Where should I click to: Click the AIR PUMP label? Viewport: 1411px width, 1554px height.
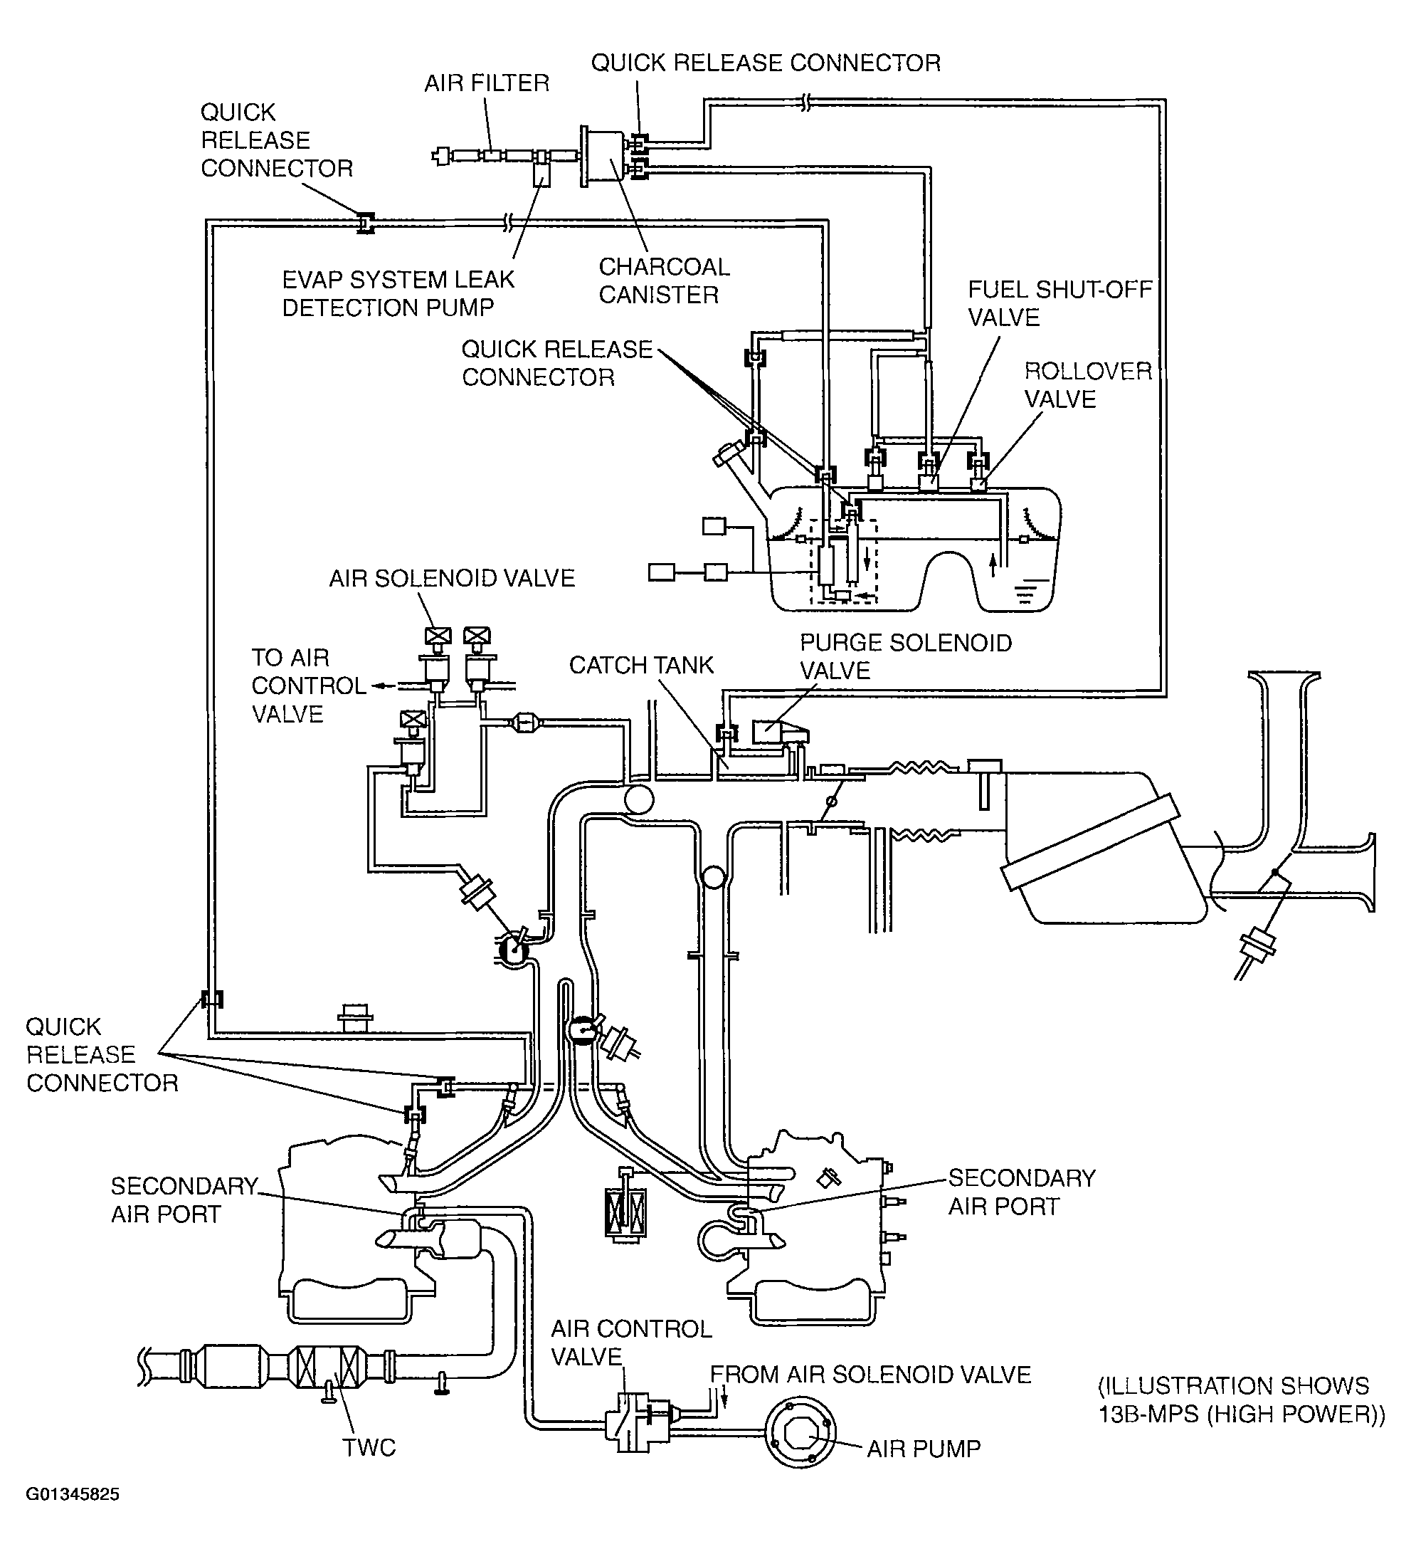tap(923, 1449)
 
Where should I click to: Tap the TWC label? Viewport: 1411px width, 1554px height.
tap(369, 1448)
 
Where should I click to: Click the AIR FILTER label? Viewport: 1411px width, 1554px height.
tap(487, 83)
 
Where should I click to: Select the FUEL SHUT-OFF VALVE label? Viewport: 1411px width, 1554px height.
tap(1059, 304)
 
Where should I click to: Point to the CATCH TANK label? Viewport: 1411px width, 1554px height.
tap(641, 665)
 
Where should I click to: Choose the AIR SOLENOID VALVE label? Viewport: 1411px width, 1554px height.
tap(452, 579)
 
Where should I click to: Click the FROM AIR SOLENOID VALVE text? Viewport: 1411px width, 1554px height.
tap(870, 1375)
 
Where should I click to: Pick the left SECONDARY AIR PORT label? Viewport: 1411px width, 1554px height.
tap(184, 1199)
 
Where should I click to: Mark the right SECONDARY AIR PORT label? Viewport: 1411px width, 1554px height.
tap(1022, 1192)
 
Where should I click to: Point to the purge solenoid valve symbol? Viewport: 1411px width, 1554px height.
tap(778, 732)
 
